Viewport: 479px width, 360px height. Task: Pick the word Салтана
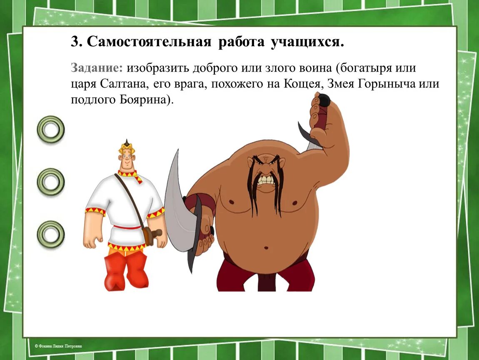[x=122, y=84]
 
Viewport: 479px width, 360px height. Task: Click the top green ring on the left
[x=51, y=129]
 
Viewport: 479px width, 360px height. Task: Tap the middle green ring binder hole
[x=51, y=182]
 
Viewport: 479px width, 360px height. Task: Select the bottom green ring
[x=51, y=234]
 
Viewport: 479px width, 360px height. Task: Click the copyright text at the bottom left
[x=58, y=346]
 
